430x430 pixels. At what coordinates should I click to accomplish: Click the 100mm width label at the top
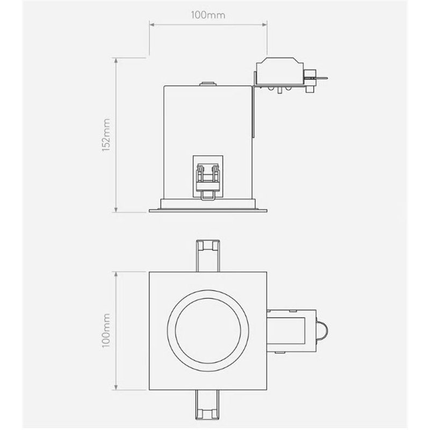208,15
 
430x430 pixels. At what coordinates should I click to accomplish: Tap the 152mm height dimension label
106,135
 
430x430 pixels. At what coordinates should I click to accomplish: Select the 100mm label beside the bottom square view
106,331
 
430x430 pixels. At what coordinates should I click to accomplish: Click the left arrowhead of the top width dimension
152,25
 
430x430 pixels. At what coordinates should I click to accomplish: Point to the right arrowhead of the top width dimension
264,25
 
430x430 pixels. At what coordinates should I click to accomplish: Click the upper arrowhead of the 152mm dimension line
116,60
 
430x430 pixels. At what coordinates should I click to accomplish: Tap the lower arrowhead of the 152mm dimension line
116,210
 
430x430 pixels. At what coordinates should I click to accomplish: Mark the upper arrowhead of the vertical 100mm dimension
116,274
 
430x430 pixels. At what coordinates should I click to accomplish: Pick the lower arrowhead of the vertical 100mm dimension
116,387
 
